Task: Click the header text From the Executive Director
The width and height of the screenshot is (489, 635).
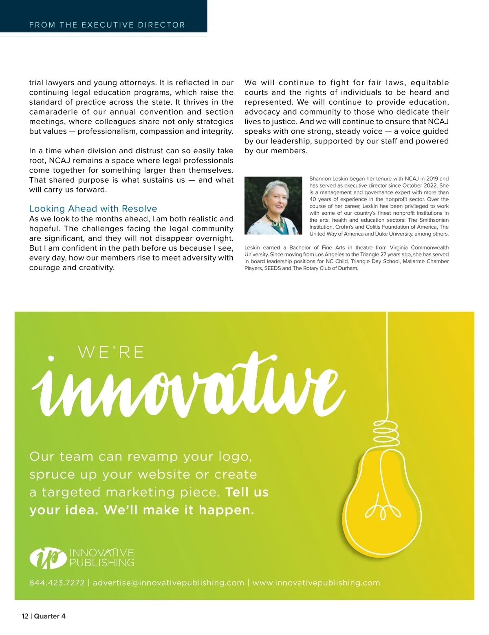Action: (107, 25)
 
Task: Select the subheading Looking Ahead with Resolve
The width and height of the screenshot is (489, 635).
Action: (93, 209)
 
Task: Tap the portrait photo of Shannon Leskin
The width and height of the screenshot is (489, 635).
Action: (273, 205)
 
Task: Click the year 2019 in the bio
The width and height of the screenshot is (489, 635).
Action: (432, 179)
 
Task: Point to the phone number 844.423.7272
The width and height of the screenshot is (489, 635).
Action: (57, 583)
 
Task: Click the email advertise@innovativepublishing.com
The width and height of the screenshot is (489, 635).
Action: (168, 583)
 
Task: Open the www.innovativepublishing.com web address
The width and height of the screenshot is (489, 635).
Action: (316, 583)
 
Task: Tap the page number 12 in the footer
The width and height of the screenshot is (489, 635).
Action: (25, 616)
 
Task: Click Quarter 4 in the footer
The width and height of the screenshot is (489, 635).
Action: (50, 616)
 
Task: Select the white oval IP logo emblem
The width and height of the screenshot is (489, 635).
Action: (48, 558)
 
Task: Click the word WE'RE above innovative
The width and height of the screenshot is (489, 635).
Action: (111, 353)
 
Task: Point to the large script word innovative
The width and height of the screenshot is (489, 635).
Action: (187, 387)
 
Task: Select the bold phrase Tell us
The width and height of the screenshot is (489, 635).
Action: (247, 492)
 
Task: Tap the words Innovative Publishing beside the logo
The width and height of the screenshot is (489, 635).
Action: (102, 558)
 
